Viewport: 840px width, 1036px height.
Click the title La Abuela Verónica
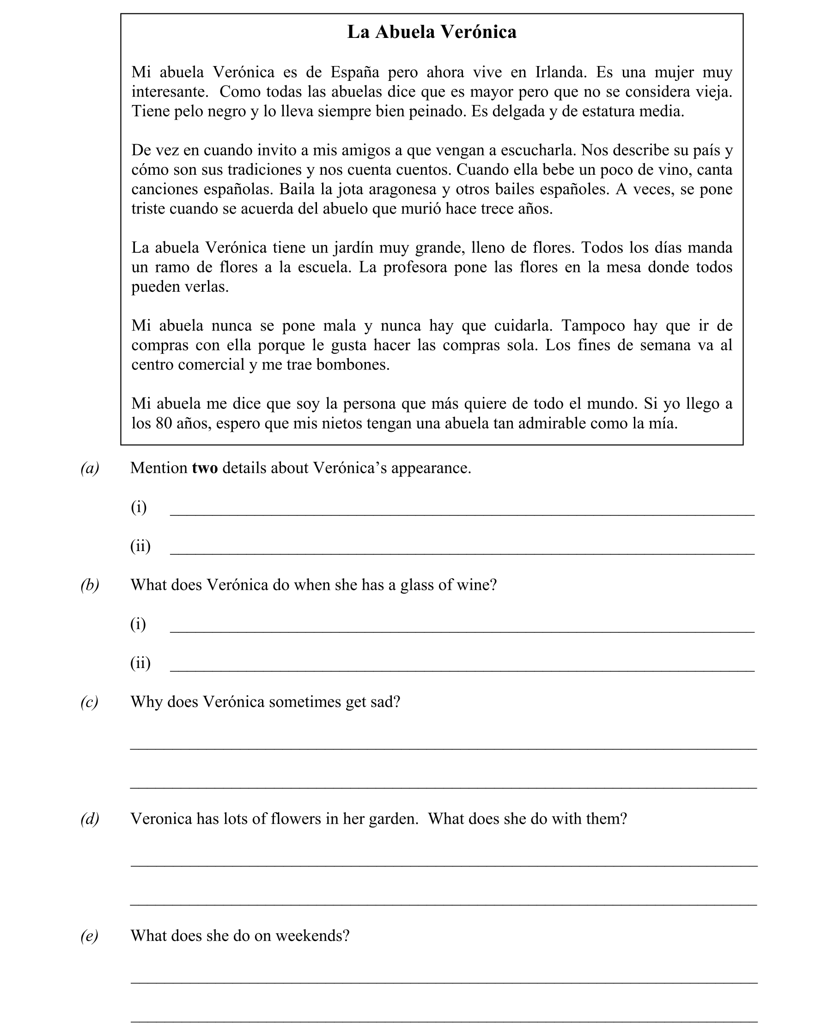[x=432, y=32]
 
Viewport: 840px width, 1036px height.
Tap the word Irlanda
[x=560, y=72]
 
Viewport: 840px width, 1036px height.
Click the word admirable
[x=570, y=423]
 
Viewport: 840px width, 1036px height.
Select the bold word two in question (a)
[x=205, y=468]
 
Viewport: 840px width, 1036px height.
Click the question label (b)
[x=90, y=585]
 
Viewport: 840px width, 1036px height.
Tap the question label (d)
[x=90, y=819]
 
